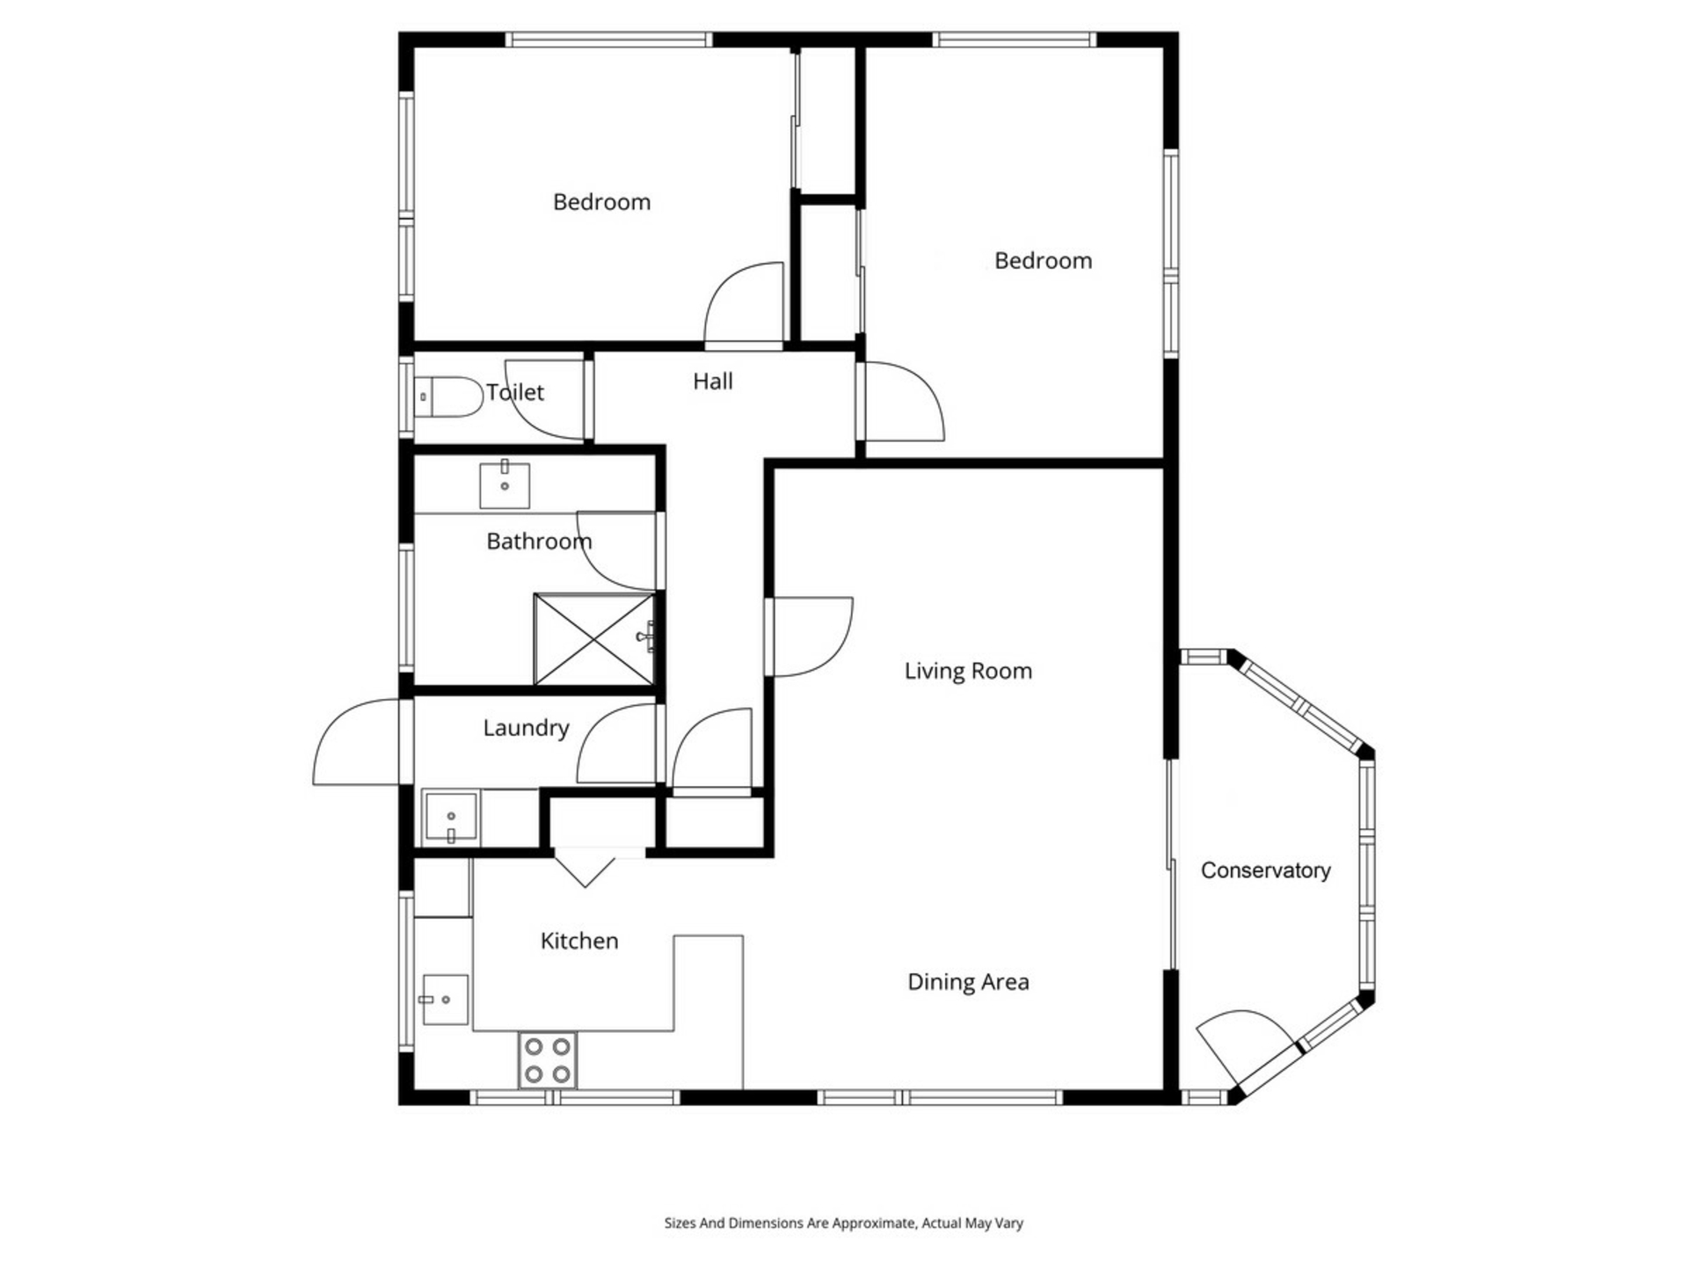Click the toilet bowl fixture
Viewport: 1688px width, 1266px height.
[x=448, y=397]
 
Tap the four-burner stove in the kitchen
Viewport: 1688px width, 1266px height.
[x=547, y=1060]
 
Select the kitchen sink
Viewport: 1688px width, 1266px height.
[x=445, y=1000]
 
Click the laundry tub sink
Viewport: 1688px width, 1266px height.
[x=451, y=817]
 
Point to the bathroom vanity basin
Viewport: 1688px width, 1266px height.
[x=505, y=485]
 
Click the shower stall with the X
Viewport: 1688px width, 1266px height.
[x=594, y=639]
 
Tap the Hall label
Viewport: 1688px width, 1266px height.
[x=713, y=382]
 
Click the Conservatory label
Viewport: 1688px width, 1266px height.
[x=1265, y=870]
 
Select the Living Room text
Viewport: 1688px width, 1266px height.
[x=968, y=671]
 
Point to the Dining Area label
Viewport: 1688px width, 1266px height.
[x=968, y=982]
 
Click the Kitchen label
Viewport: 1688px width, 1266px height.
[x=579, y=941]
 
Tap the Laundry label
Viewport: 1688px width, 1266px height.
[x=526, y=728]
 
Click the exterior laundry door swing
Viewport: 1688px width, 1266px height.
[x=356, y=741]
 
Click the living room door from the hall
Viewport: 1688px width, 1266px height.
[x=809, y=637]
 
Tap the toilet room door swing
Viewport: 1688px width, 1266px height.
[x=544, y=400]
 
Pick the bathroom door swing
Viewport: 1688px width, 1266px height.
[x=616, y=551]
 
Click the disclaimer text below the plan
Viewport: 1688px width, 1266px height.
[x=843, y=1223]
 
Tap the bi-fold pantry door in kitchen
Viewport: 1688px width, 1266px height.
[x=586, y=868]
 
